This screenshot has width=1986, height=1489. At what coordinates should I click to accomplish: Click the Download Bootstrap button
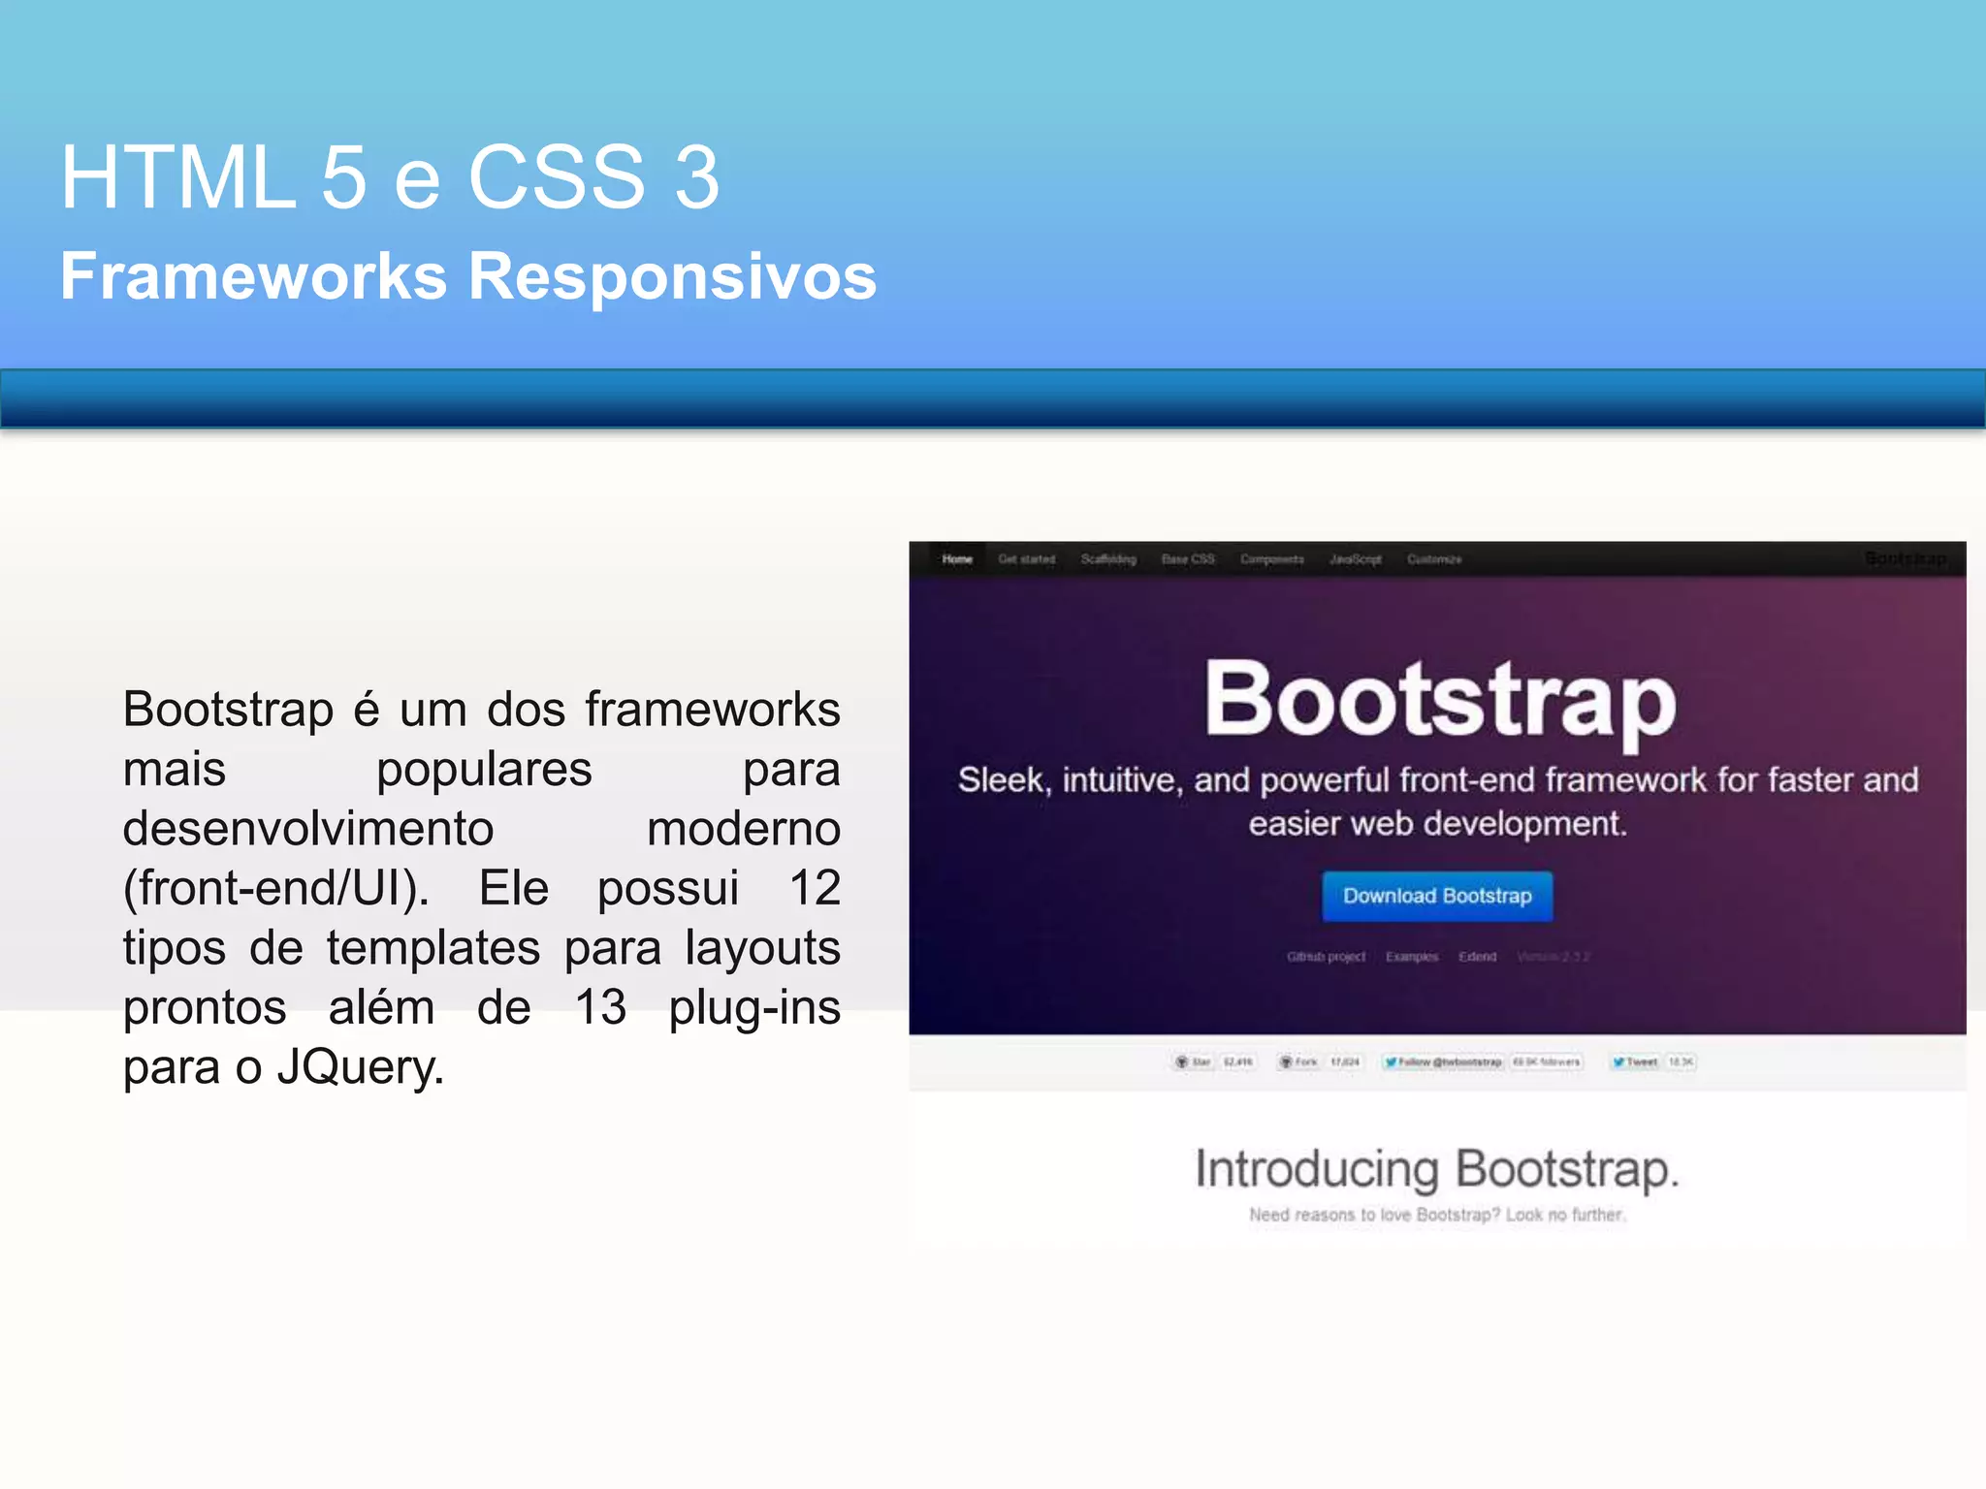1436,896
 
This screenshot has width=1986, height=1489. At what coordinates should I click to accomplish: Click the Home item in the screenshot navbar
956,559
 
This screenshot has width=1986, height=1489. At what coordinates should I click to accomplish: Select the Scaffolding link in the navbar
1107,559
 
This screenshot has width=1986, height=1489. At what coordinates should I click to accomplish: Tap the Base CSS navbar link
1187,559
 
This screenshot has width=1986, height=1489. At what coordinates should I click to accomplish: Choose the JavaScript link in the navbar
1355,559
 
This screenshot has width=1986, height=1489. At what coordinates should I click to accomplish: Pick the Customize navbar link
1433,559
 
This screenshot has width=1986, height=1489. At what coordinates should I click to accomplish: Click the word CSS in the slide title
557,177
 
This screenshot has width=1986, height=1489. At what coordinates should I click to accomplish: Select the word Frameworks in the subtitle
253,276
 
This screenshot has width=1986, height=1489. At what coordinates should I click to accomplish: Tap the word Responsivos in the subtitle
672,278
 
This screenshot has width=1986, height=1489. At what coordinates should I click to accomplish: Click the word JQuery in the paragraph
360,1067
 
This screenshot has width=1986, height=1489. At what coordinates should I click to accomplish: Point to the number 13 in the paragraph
600,1007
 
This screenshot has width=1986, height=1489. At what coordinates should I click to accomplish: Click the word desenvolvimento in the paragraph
307,829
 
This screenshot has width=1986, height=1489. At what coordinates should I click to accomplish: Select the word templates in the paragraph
432,947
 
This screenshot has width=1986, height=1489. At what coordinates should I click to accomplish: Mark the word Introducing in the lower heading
1316,1169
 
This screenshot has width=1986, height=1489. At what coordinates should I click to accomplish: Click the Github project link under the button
1326,957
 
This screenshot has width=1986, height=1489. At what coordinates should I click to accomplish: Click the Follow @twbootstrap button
1443,1062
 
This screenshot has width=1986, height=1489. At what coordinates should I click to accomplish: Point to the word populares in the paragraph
484,770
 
